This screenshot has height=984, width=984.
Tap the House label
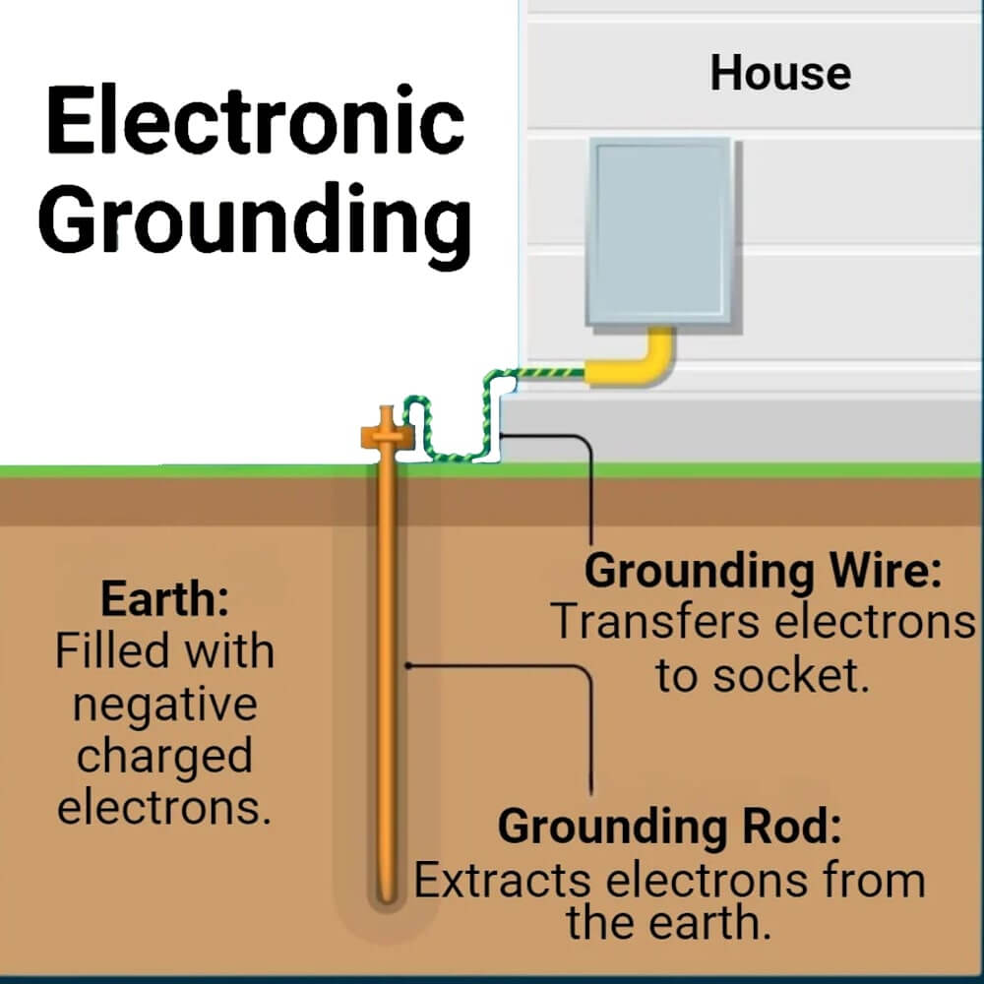tap(780, 74)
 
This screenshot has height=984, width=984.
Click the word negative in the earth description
tap(164, 705)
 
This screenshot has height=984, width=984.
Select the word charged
tap(164, 757)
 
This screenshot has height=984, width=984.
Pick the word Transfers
tap(645, 623)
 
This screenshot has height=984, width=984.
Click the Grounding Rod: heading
tap(670, 827)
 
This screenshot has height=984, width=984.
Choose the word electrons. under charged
tap(164, 808)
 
